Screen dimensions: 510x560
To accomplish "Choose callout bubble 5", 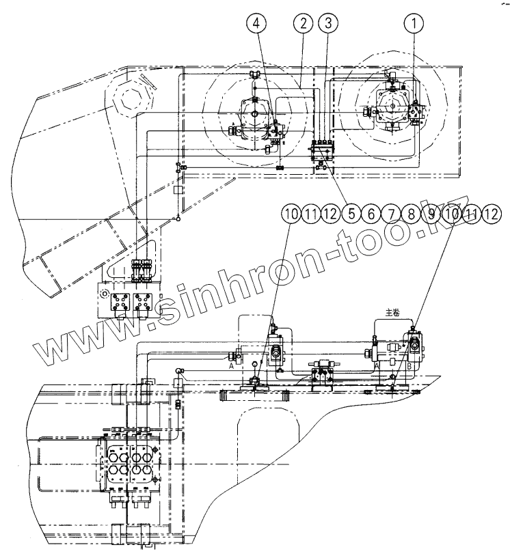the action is [x=353, y=214].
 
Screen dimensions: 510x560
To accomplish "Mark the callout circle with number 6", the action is [x=373, y=214].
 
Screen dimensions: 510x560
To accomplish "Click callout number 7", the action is [x=392, y=214].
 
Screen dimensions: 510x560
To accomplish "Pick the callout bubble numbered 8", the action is [x=412, y=214].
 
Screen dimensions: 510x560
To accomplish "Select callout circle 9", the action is [x=431, y=214].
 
